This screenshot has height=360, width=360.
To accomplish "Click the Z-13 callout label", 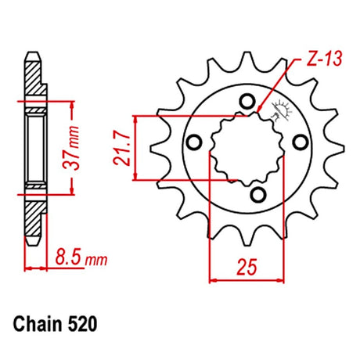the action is click(324, 59).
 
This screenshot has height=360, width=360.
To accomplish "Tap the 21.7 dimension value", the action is click(122, 149).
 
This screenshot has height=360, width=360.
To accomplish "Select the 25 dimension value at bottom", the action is click(247, 267).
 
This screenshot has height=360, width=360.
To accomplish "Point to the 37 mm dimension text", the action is click(71, 148).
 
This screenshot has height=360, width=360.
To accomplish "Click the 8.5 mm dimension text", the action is click(81, 257).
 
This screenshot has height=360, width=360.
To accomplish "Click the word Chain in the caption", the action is click(38, 325).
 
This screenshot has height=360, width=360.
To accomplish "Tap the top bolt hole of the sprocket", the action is click(247, 102).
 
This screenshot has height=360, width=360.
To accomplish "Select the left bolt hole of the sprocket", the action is click(194, 142).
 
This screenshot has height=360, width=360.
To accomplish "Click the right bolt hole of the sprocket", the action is click(301, 142).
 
